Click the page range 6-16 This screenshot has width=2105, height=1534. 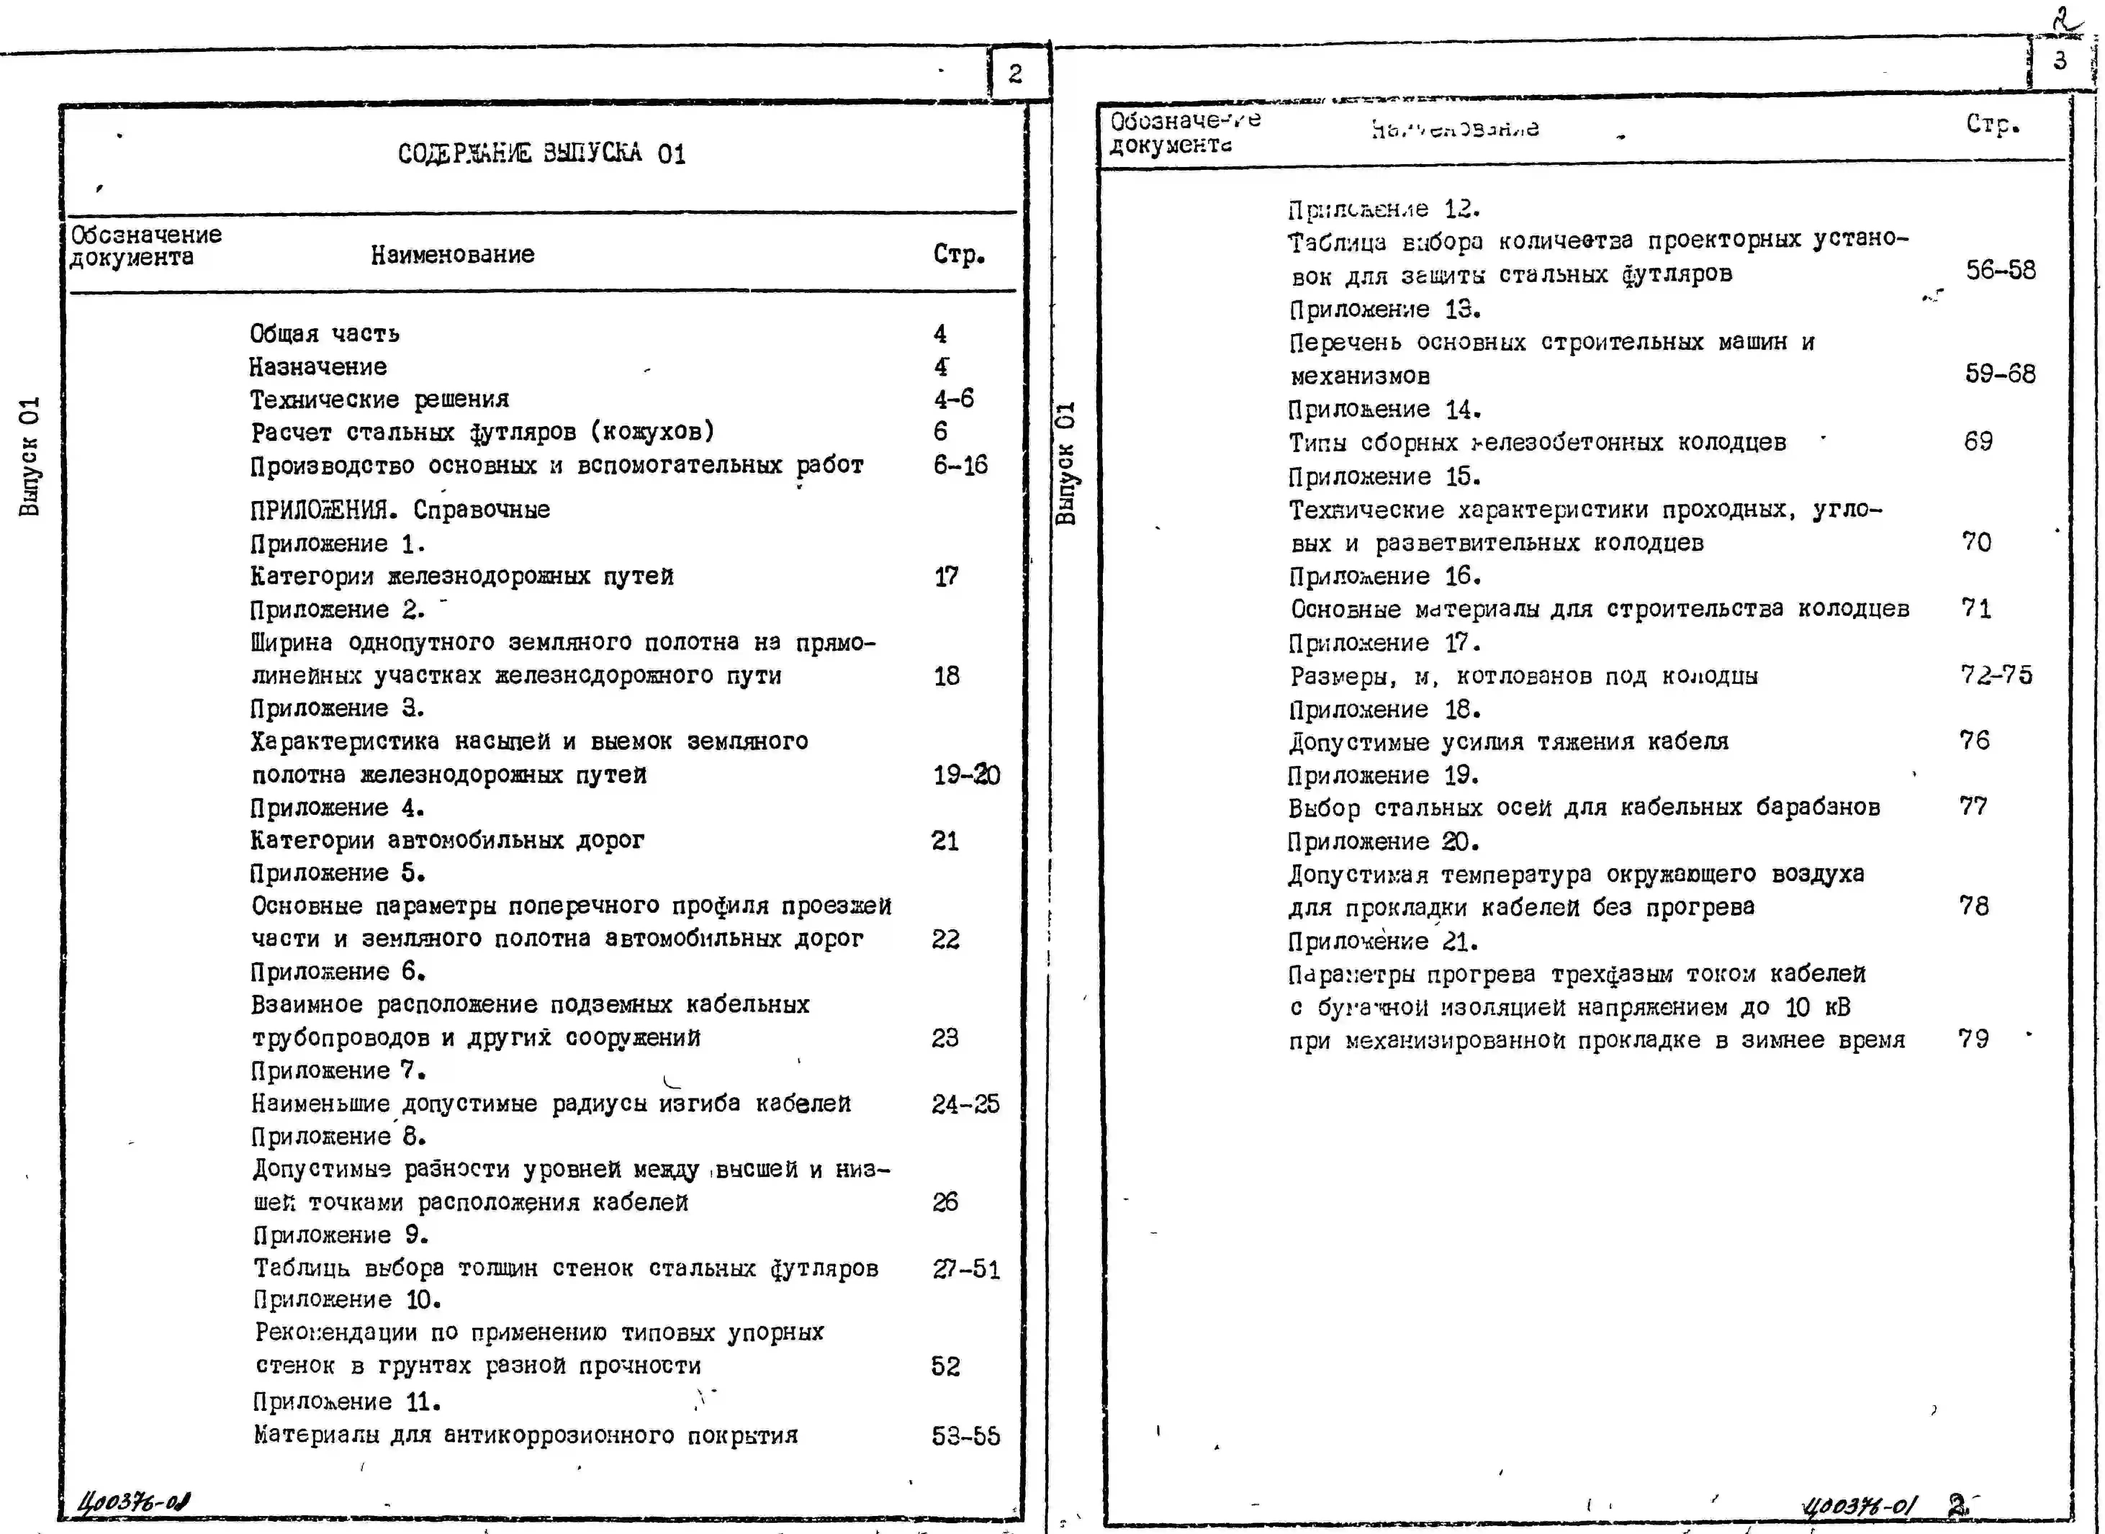[960, 465]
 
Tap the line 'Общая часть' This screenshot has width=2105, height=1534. [324, 333]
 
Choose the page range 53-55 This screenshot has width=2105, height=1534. [966, 1436]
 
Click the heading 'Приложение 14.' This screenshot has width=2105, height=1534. [1384, 410]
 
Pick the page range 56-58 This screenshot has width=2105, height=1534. [2000, 270]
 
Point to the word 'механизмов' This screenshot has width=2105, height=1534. [1360, 376]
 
